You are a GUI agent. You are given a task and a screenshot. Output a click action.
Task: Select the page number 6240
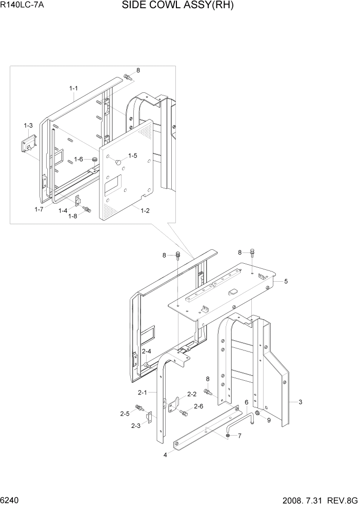(x=10, y=500)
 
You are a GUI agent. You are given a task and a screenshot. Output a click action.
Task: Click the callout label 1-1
(x=73, y=88)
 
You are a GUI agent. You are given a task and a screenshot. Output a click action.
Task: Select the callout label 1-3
(x=28, y=125)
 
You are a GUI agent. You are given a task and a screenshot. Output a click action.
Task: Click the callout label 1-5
(x=133, y=155)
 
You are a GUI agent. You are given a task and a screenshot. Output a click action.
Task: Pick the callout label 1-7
(x=39, y=209)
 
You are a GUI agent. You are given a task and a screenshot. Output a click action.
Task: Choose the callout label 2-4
(x=146, y=351)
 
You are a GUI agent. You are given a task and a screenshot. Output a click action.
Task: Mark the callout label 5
(x=286, y=281)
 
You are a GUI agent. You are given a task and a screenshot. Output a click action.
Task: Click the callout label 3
(x=300, y=402)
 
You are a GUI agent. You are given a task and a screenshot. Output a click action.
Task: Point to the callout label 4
(x=165, y=454)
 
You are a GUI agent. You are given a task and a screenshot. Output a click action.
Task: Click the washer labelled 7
(x=227, y=436)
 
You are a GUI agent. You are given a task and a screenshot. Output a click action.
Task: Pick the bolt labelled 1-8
(x=87, y=209)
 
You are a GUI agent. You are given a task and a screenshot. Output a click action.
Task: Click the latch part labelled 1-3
(x=28, y=143)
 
